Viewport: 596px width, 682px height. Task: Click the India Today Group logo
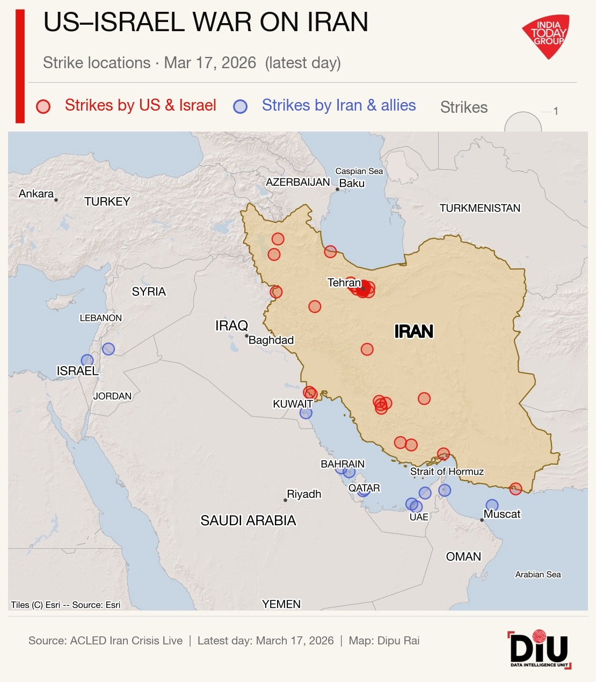tap(546, 35)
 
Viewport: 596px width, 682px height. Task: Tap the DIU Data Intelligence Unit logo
tap(539, 649)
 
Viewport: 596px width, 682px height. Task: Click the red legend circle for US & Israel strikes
tap(43, 106)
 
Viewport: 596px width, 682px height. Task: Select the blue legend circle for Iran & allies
tap(240, 106)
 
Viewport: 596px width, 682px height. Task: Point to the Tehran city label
tap(344, 282)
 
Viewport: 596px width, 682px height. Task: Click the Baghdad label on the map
tap(271, 340)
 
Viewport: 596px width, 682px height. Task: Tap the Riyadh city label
tap(304, 494)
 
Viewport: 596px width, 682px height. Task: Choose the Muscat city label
tap(502, 514)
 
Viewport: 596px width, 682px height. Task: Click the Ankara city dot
tap(56, 200)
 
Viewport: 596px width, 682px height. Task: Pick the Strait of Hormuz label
tap(447, 471)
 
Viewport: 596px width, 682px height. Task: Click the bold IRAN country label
tap(413, 331)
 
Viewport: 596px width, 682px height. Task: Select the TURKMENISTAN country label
tap(479, 208)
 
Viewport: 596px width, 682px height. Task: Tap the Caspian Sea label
tap(359, 171)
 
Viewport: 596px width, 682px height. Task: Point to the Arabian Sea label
tap(537, 574)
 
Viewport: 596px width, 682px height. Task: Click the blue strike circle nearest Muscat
tap(492, 505)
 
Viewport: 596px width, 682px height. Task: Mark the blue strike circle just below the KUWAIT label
tap(306, 413)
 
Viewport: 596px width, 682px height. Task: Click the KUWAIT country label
tap(293, 404)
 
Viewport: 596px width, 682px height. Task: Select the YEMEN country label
tap(281, 604)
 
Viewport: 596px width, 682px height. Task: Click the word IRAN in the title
tap(338, 23)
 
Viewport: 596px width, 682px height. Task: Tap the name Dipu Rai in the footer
tap(398, 641)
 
